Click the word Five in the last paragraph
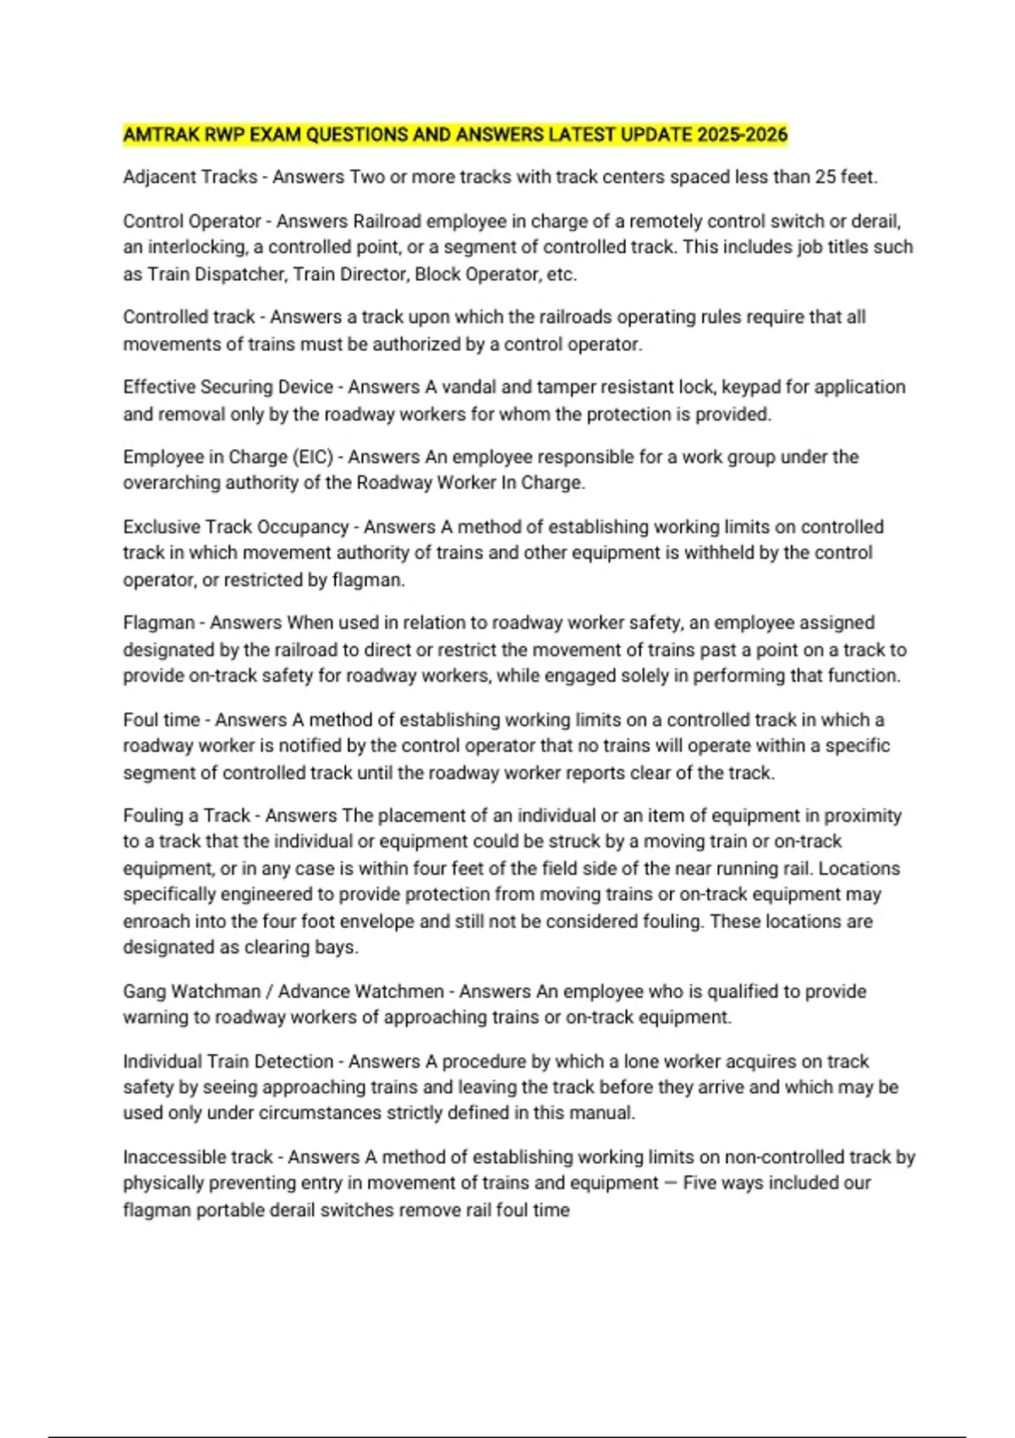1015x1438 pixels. click(700, 1183)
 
